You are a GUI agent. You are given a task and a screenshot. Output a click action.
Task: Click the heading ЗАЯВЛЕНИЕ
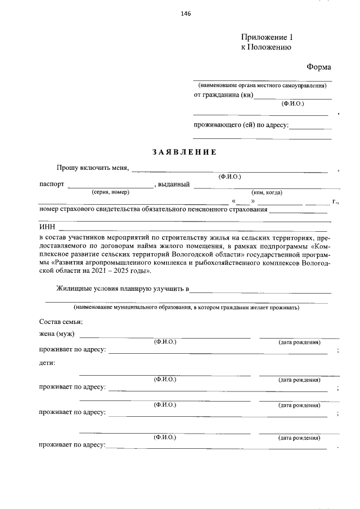tap(184, 152)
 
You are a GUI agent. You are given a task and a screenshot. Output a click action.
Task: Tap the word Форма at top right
tap(318, 67)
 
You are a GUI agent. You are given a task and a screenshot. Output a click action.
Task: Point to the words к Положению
tap(265, 48)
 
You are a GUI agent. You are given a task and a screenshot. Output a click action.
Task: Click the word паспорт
tap(51, 184)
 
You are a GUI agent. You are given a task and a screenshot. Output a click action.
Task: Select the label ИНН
tap(47, 227)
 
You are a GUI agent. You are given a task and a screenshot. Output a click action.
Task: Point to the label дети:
tap(47, 363)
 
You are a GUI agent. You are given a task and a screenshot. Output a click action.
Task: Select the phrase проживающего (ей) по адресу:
tap(241, 124)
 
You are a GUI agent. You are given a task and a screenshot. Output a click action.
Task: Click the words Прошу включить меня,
tap(93, 168)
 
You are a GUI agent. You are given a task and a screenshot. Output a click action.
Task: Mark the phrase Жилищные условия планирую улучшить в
tap(122, 289)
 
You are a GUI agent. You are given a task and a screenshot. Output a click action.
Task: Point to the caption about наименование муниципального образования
tap(186, 308)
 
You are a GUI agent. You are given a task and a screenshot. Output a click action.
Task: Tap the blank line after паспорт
tap(110, 186)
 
